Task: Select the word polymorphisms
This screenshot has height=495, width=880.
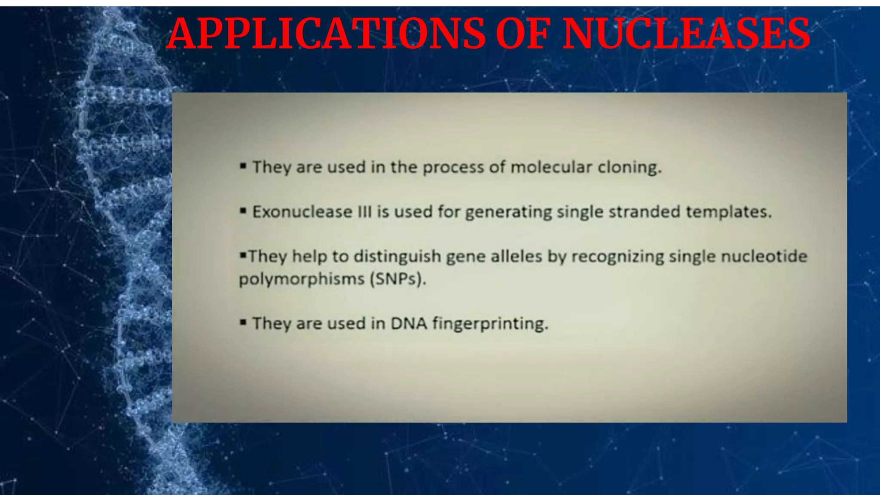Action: click(x=302, y=279)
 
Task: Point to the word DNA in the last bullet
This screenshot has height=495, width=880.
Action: click(x=409, y=324)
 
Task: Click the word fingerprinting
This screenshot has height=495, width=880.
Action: click(x=490, y=324)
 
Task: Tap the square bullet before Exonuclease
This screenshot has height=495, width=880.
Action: click(x=243, y=211)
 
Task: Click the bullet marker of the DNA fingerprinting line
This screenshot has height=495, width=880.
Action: click(x=243, y=322)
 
